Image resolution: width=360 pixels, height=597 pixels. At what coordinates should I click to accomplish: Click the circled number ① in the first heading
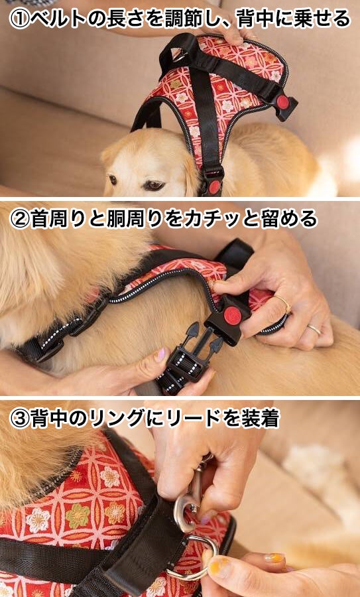pos(19,19)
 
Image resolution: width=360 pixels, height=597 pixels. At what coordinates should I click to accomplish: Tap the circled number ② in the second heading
pos(19,220)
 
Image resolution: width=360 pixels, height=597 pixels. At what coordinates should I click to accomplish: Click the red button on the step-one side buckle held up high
pos(282,102)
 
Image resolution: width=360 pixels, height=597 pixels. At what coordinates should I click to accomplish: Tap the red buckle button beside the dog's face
pos(214,186)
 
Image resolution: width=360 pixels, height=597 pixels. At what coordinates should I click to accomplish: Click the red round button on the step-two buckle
pos(233,316)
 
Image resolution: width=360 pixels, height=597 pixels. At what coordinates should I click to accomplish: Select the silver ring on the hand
pos(314,329)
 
